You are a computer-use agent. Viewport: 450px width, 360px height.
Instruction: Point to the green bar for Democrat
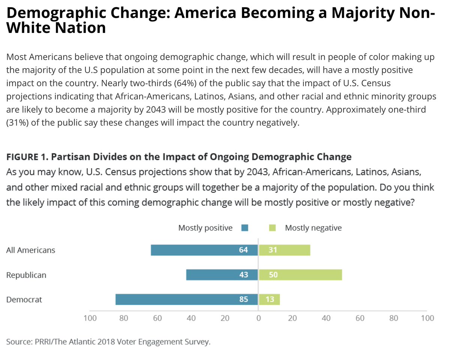pos(274,300)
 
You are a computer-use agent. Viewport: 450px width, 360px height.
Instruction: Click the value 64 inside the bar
pos(243,250)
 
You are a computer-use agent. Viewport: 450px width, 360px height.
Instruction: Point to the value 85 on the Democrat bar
pos(243,300)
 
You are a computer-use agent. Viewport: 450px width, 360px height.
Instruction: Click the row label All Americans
pos(31,250)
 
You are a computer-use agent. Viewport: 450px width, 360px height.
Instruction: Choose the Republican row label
pos(26,275)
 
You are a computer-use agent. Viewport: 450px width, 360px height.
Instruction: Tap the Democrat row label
pos(24,300)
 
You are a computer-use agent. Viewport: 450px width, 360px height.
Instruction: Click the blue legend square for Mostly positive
pos(245,228)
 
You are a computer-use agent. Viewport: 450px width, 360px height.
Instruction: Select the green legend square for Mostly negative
pos(273,228)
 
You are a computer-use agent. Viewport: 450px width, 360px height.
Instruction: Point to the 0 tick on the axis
pos(258,318)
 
